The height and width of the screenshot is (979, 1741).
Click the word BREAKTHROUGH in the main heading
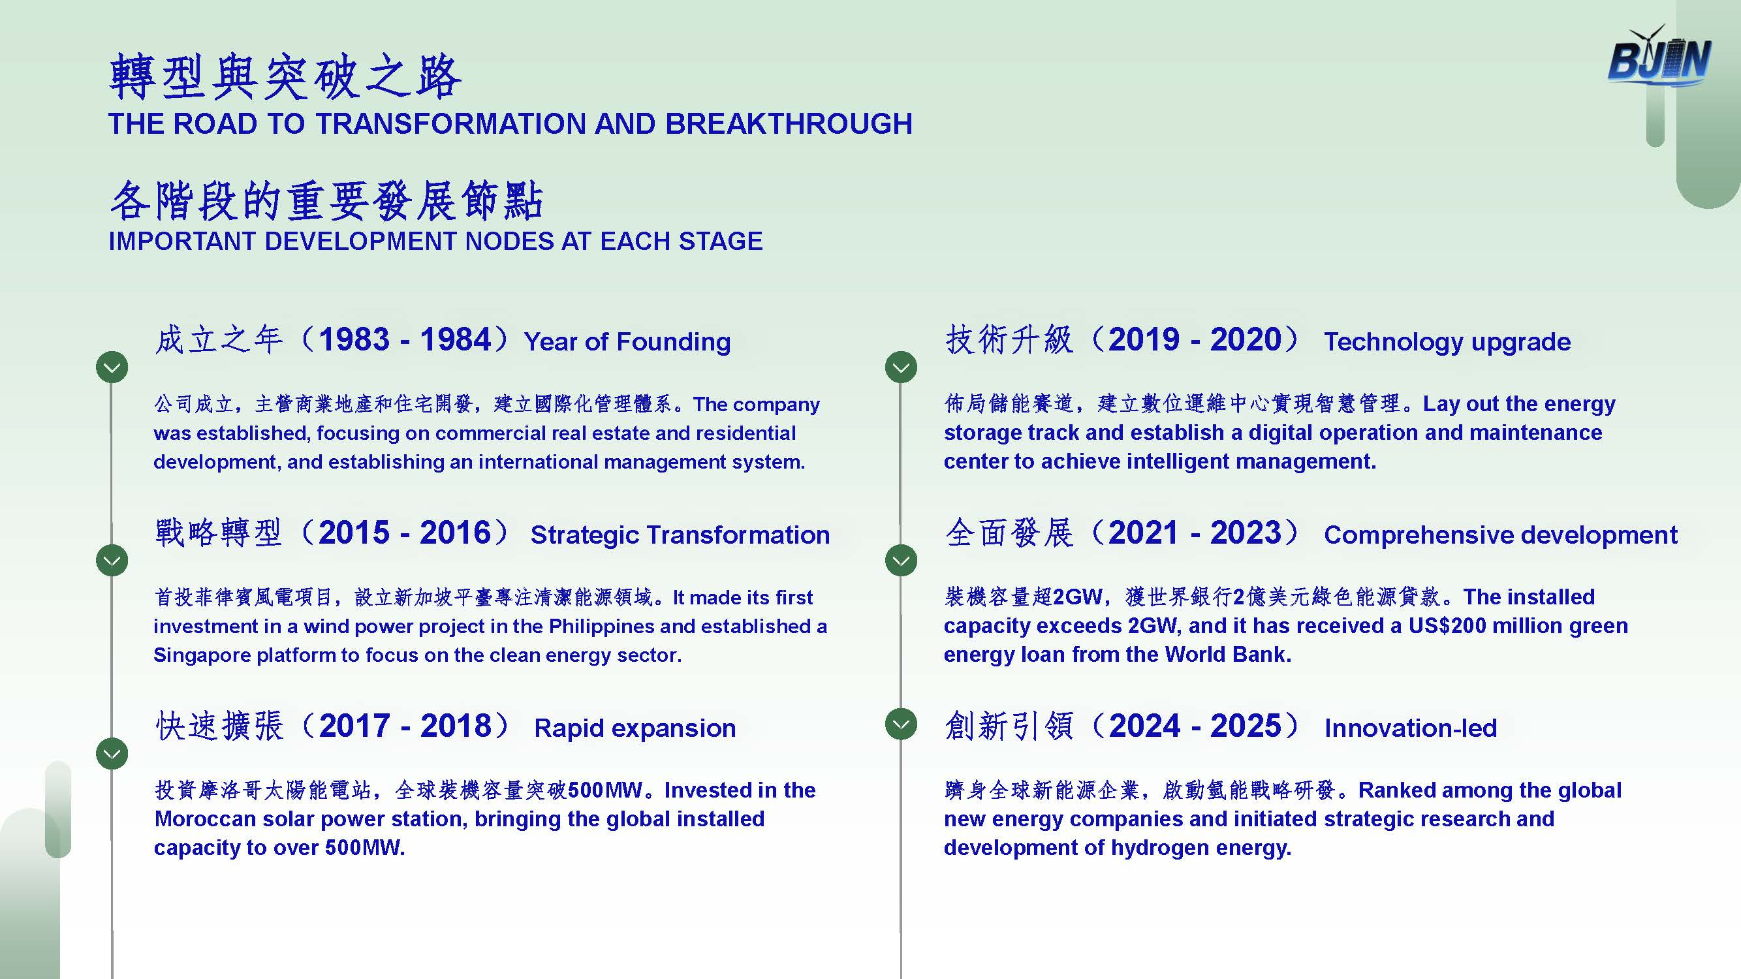[789, 123]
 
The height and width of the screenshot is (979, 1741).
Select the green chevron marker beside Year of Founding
[112, 367]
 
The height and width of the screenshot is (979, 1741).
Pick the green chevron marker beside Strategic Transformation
[112, 561]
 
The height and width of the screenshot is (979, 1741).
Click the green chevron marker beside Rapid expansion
[112, 754]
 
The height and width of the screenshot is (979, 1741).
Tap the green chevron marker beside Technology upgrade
[901, 367]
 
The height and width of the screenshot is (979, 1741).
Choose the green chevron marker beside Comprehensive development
[901, 561]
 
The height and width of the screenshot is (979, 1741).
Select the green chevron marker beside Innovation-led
[901, 724]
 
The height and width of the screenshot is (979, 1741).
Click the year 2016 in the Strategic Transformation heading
[456, 533]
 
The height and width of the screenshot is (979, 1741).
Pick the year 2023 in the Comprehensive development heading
[1246, 533]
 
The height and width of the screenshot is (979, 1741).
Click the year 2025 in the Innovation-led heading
[1246, 726]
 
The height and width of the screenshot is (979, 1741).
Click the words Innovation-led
[1411, 728]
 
